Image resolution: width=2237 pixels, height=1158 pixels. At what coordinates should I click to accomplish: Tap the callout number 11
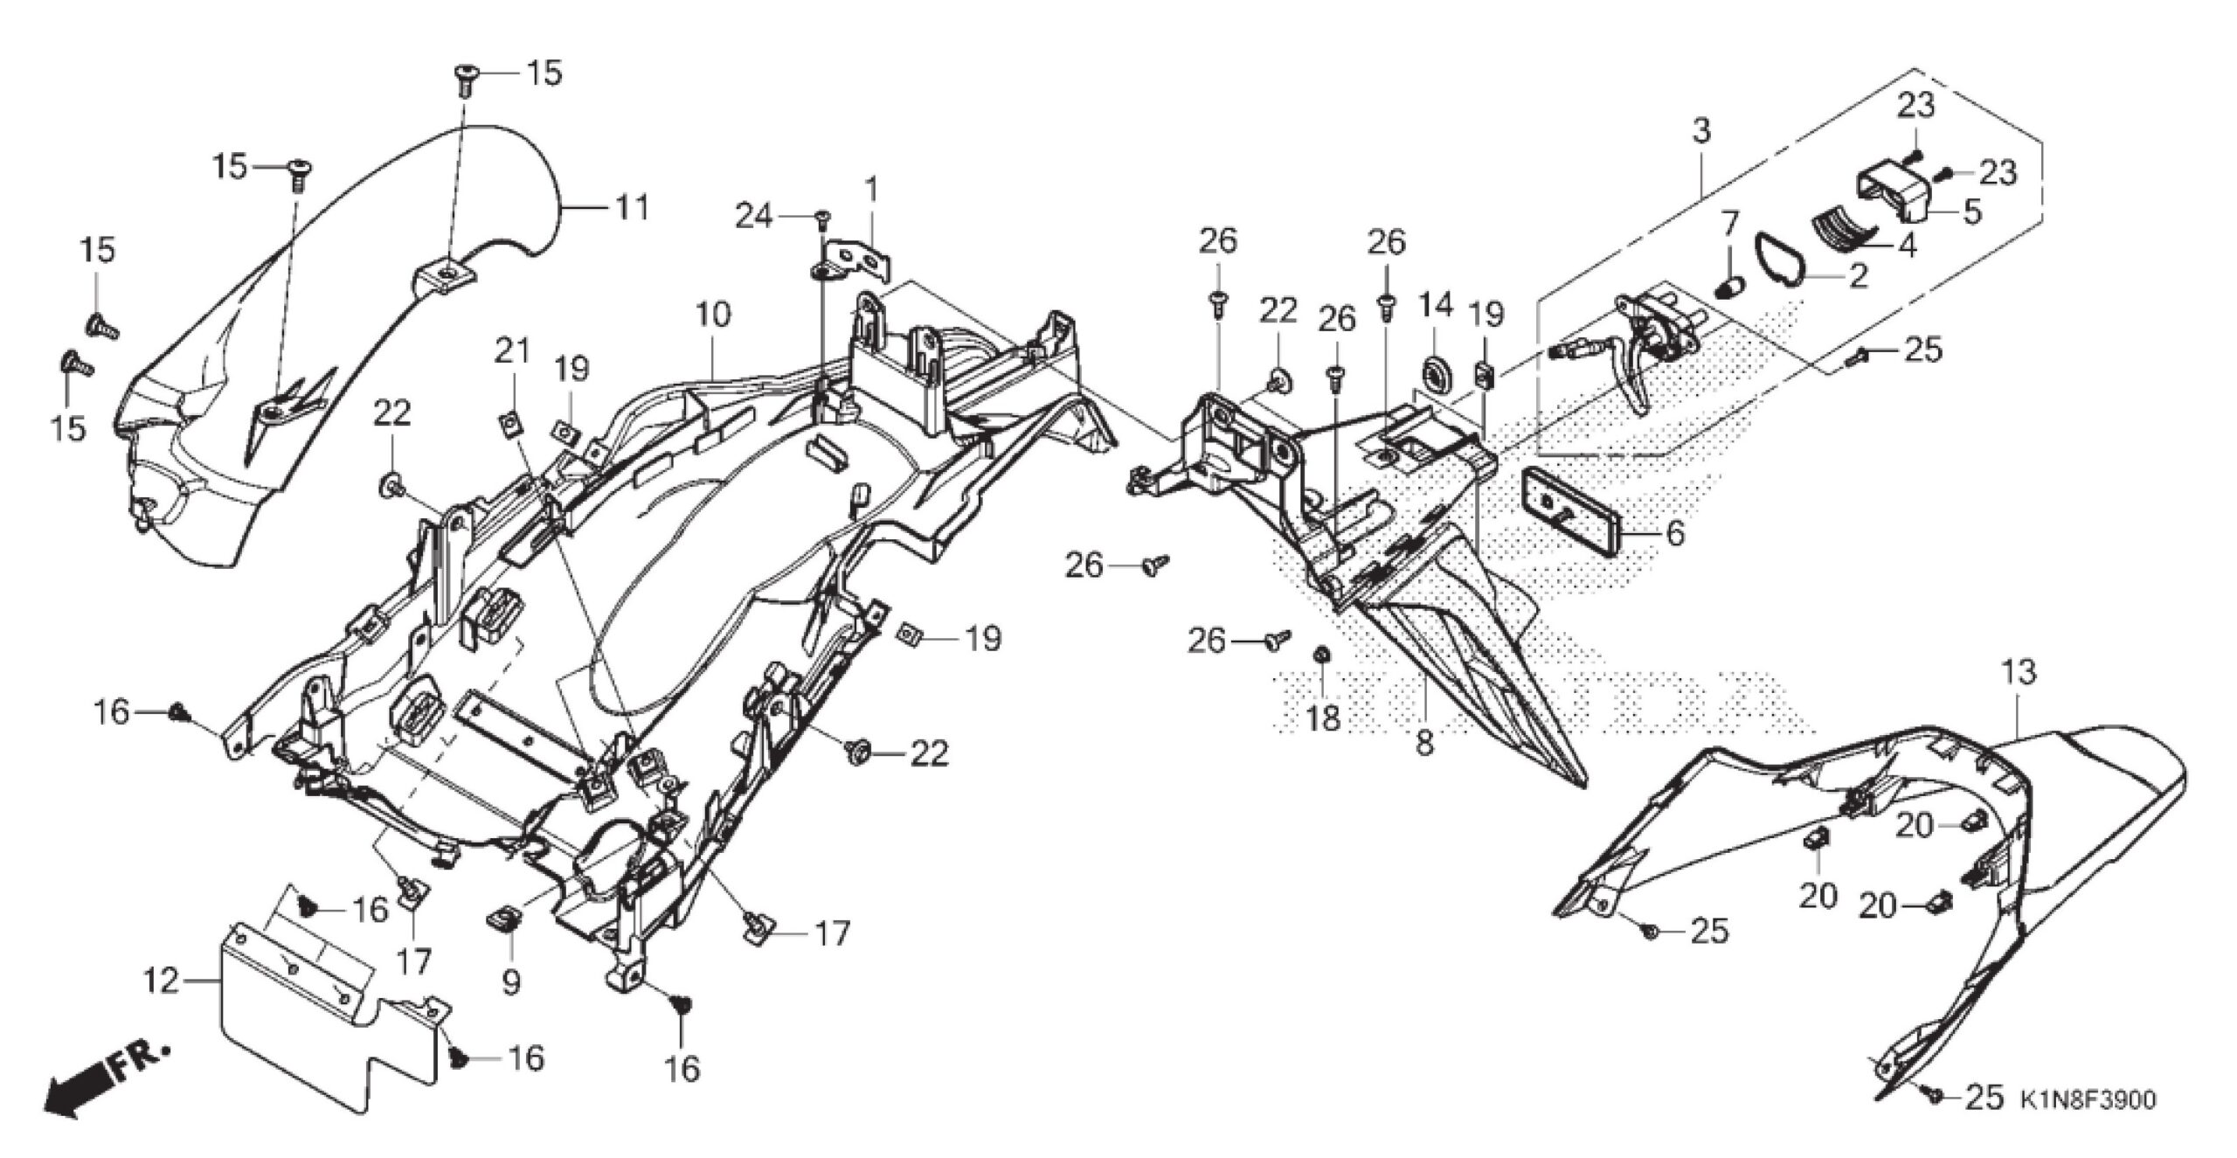tap(632, 208)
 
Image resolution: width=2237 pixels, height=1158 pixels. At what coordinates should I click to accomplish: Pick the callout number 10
tap(713, 316)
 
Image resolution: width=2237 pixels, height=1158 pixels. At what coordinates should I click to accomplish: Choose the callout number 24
tap(753, 215)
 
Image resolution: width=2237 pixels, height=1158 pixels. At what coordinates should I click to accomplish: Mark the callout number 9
tap(511, 984)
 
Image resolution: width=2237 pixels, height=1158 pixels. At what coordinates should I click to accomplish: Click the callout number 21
tap(512, 351)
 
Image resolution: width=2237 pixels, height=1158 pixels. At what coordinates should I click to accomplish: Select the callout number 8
tap(1423, 745)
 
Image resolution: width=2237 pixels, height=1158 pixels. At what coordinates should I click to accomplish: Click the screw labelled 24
tap(821, 218)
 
